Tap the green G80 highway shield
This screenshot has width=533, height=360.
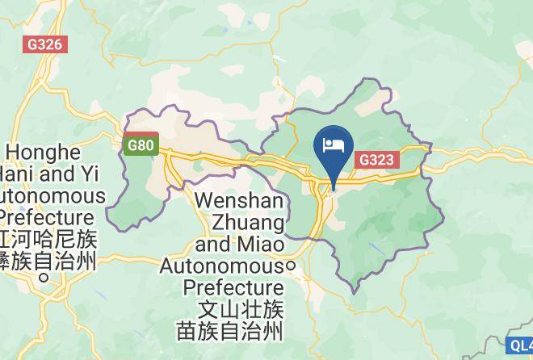(x=140, y=146)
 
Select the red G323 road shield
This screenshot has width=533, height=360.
(x=376, y=160)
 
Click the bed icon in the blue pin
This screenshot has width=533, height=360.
(x=333, y=145)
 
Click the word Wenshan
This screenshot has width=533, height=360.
(x=238, y=199)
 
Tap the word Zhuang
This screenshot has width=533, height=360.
(x=246, y=221)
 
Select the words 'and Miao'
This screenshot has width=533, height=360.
(x=241, y=243)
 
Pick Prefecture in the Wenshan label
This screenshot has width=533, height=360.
(x=233, y=287)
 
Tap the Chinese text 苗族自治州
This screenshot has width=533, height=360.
(x=230, y=330)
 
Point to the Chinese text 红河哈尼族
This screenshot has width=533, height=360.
(x=48, y=240)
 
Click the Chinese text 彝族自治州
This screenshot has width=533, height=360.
(x=48, y=260)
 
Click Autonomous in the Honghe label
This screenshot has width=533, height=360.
(x=52, y=196)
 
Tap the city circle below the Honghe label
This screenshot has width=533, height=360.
(x=44, y=277)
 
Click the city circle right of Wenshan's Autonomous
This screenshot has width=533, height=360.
(x=292, y=265)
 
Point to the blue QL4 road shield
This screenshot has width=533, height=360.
(x=522, y=345)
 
